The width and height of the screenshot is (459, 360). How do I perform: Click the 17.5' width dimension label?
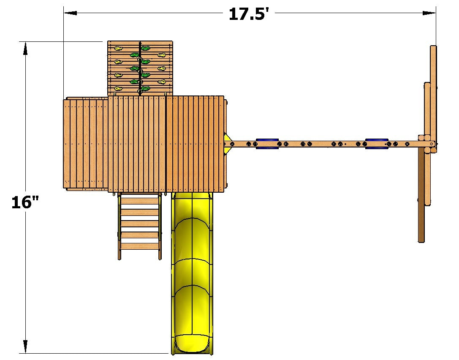click(x=249, y=14)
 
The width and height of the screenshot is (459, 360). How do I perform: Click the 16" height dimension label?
click(x=25, y=202)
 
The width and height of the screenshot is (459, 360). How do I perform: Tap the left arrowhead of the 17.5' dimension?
click(x=70, y=13)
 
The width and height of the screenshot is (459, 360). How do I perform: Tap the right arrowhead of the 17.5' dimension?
click(x=429, y=13)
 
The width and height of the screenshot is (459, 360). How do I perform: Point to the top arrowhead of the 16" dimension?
click(x=25, y=49)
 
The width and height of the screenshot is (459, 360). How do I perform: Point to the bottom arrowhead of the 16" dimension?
click(x=25, y=346)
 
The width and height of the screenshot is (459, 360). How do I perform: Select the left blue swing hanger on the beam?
click(x=267, y=144)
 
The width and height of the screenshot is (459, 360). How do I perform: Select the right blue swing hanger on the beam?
click(x=377, y=144)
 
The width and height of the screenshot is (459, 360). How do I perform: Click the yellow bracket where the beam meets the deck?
click(x=227, y=143)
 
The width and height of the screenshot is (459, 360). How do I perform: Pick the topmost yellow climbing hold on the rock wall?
click(x=118, y=48)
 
